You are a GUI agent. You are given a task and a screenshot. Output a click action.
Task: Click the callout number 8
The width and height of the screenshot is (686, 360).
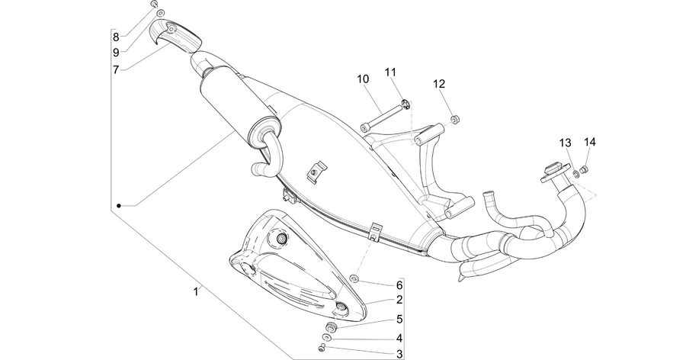coord(116,37)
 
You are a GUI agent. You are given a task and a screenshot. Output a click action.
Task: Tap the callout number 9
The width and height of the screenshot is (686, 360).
coord(116,53)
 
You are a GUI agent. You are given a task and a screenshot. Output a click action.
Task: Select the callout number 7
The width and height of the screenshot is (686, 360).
coord(116,69)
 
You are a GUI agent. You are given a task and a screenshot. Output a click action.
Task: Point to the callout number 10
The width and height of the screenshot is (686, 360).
coord(363,79)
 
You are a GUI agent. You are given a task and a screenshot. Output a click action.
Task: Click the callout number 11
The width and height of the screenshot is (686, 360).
coord(390,72)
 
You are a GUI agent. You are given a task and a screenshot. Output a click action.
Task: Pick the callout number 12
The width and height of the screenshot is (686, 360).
coord(439,84)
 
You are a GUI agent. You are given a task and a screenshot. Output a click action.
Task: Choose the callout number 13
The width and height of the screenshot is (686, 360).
coord(566,143)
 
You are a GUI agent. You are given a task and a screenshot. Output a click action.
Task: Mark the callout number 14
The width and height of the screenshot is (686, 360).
coord(590,142)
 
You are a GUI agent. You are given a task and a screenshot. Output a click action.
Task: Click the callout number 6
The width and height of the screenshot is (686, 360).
coord(399,285)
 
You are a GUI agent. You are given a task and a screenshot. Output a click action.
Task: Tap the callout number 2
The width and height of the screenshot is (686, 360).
coord(399,300)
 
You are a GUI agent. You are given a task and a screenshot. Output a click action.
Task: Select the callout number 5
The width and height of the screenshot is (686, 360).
coord(399,320)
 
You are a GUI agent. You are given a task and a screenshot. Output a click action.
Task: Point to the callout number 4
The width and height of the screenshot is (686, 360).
coord(399,339)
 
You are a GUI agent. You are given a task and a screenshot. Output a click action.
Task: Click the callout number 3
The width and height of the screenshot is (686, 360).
coord(399,354)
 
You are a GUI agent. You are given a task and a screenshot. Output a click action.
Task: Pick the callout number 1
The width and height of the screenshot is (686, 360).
coord(196,291)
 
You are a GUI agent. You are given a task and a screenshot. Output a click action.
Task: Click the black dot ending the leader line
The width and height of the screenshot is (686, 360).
coord(119,205)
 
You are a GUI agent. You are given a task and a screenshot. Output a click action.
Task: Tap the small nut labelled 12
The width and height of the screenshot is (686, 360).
coord(455,119)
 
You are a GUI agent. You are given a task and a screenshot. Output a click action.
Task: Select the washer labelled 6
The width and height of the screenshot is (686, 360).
coord(354,278)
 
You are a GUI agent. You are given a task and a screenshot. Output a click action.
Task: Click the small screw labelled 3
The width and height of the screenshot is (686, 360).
coord(322,348)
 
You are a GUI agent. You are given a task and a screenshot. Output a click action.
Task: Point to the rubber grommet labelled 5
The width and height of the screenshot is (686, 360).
coord(332,327)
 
